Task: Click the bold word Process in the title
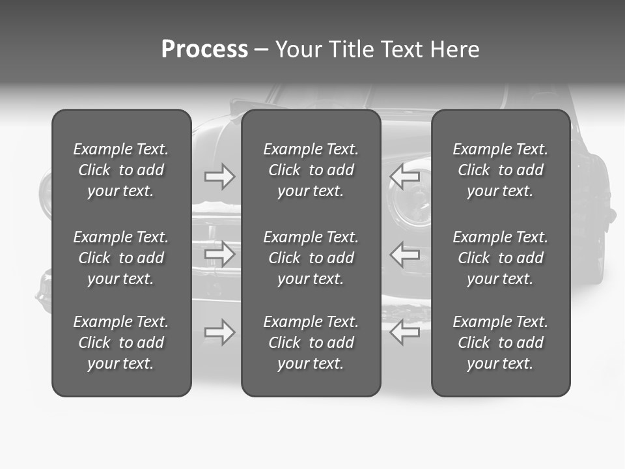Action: point(204,50)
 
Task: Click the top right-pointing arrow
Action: point(219,177)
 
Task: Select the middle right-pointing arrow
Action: point(219,253)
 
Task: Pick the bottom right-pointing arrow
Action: point(219,332)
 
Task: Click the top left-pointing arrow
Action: point(405,177)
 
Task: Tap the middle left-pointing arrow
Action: point(405,253)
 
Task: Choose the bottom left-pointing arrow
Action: point(405,332)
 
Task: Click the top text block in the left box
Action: point(121,170)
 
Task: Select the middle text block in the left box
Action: point(121,258)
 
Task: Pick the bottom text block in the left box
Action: point(121,343)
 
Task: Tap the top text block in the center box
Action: point(311,170)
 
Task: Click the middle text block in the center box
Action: point(311,258)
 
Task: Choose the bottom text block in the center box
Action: point(311,343)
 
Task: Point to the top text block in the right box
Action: point(500,170)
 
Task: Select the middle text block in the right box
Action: point(500,258)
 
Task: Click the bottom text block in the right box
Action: point(500,343)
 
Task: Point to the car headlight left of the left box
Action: point(46,195)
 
